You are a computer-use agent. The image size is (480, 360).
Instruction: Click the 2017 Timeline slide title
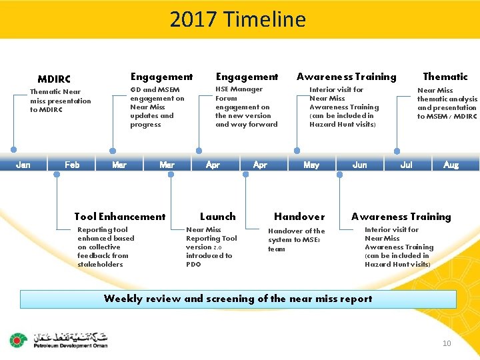pyautogui.click(x=238, y=19)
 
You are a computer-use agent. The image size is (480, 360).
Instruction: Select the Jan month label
pyautogui.click(x=23, y=165)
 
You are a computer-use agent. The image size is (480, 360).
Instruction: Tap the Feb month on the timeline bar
pyautogui.click(x=72, y=165)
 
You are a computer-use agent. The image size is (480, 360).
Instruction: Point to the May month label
pyautogui.click(x=311, y=165)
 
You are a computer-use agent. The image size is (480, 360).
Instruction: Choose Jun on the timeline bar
pyautogui.click(x=359, y=165)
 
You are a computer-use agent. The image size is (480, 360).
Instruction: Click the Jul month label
pyautogui.click(x=406, y=165)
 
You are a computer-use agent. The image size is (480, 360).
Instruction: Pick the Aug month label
pyautogui.click(x=451, y=165)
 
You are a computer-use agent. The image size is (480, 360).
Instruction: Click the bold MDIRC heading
pyautogui.click(x=54, y=79)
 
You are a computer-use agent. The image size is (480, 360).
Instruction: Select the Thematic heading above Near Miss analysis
pyautogui.click(x=445, y=77)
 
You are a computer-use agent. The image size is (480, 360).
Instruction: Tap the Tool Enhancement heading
pyautogui.click(x=120, y=217)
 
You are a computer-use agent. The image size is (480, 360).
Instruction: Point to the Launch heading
pyautogui.click(x=218, y=217)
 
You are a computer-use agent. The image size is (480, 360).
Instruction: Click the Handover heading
pyautogui.click(x=299, y=217)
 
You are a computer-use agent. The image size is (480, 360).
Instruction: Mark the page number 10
pyautogui.click(x=447, y=343)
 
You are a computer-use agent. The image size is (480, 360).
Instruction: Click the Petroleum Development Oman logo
pyautogui.click(x=59, y=340)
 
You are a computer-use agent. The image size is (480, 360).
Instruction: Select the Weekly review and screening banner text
pyautogui.click(x=238, y=299)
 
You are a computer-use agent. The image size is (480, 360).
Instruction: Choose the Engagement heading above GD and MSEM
pyautogui.click(x=161, y=77)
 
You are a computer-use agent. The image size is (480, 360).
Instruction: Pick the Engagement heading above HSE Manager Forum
pyautogui.click(x=247, y=77)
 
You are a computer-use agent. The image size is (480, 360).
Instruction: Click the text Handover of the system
pyautogui.click(x=296, y=240)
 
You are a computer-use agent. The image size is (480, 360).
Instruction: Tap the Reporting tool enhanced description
pyautogui.click(x=105, y=247)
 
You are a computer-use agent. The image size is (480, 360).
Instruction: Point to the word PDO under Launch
pyautogui.click(x=194, y=265)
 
